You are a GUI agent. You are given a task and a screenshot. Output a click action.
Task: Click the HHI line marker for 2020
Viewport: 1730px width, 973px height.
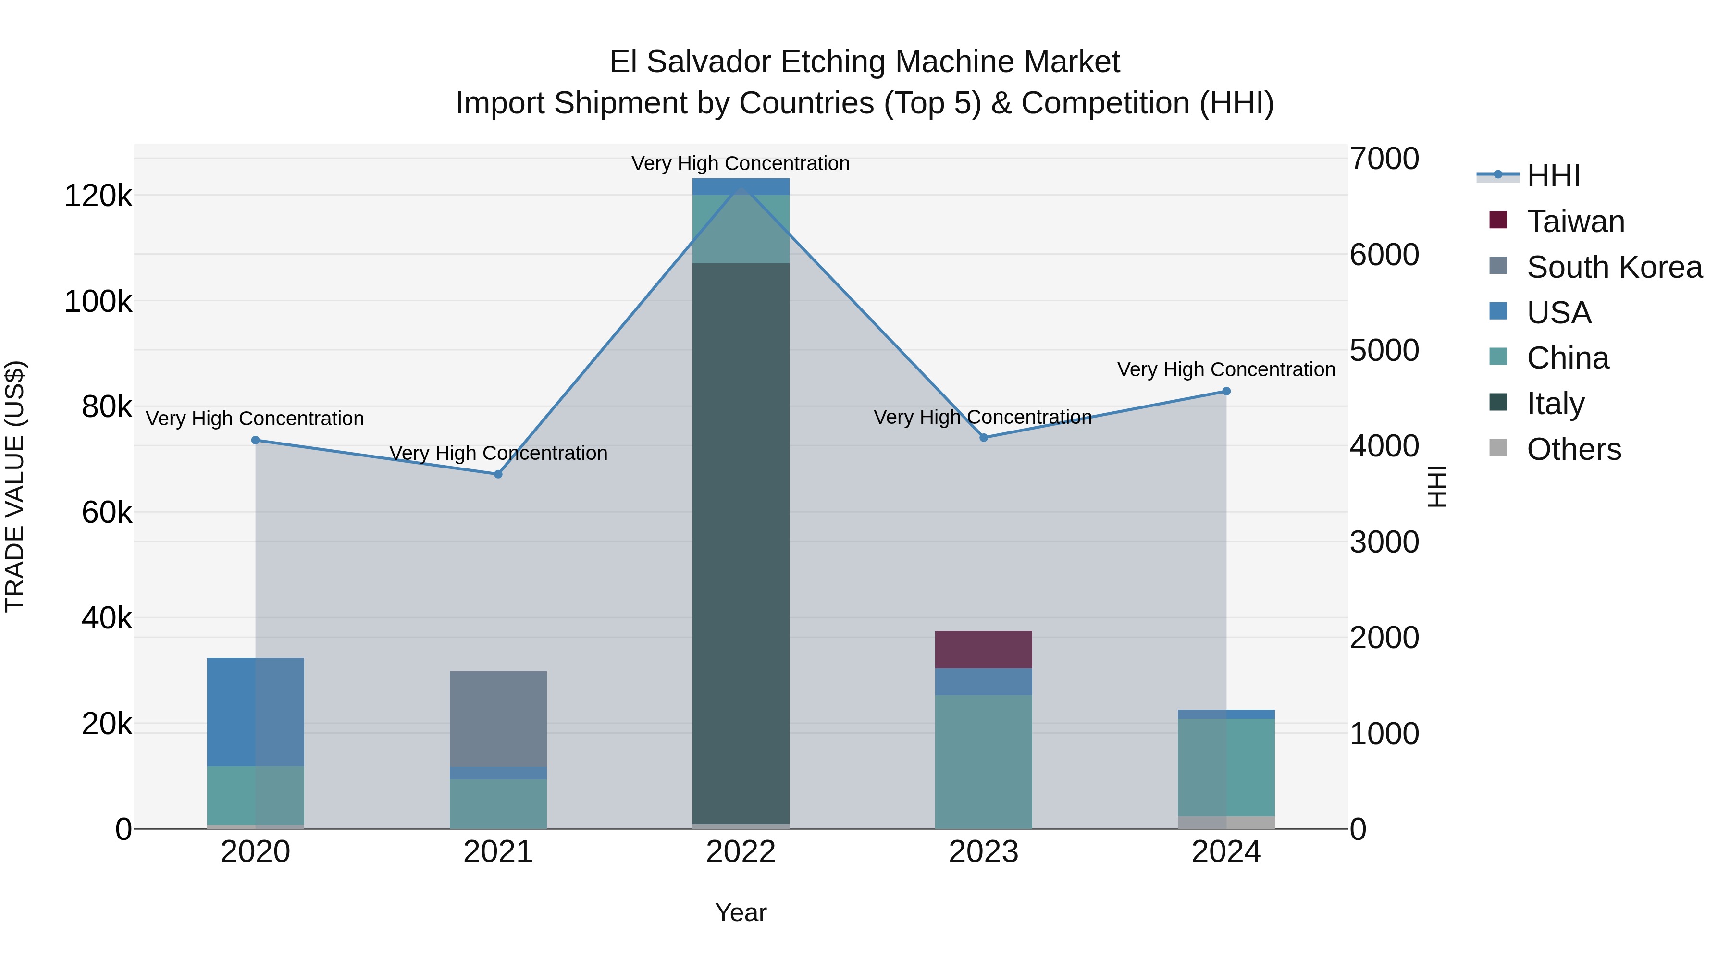coord(255,441)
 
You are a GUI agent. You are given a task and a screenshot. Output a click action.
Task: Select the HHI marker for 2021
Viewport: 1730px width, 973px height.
coord(498,474)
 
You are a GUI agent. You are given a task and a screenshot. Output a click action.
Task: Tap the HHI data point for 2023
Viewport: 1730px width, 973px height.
coord(984,438)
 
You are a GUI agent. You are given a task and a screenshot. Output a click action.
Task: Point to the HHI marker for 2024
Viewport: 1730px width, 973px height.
coord(1226,392)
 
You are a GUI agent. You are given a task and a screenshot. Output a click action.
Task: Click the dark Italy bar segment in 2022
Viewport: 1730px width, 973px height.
coord(741,537)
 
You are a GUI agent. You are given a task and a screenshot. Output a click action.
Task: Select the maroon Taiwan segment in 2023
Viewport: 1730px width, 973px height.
coord(984,649)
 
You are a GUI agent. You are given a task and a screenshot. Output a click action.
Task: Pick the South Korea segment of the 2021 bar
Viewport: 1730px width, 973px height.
coord(498,718)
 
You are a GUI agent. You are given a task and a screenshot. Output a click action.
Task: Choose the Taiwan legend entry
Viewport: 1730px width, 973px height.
coord(1576,222)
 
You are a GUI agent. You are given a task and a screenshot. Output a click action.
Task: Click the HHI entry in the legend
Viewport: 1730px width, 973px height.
coord(1553,176)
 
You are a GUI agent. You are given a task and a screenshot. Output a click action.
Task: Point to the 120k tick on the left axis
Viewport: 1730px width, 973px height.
coord(98,196)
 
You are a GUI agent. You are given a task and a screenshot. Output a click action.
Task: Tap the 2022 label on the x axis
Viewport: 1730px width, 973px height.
coord(741,852)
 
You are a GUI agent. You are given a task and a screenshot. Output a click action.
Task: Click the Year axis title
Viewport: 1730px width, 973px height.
coord(741,912)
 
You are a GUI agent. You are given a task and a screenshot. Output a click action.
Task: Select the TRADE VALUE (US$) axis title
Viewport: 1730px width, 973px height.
coord(15,486)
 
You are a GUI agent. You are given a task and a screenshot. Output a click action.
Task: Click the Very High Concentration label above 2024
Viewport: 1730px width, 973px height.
coord(1226,369)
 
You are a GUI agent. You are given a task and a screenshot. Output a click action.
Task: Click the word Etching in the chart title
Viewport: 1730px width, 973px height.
coord(835,62)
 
